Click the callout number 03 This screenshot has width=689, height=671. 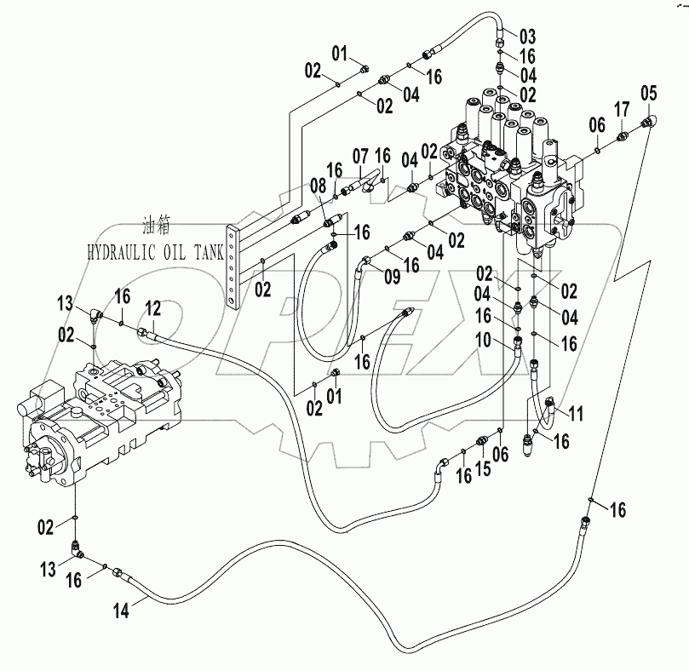pyautogui.click(x=527, y=37)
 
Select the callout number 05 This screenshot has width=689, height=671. pyautogui.click(x=649, y=92)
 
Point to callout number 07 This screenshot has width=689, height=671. pyautogui.click(x=360, y=157)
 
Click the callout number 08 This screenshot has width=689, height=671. pyautogui.click(x=318, y=185)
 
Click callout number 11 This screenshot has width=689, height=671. pyautogui.click(x=577, y=415)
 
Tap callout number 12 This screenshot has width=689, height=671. pyautogui.click(x=152, y=307)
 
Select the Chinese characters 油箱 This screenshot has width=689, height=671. pyautogui.click(x=162, y=227)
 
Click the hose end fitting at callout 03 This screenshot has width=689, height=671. pyautogui.click(x=501, y=38)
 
